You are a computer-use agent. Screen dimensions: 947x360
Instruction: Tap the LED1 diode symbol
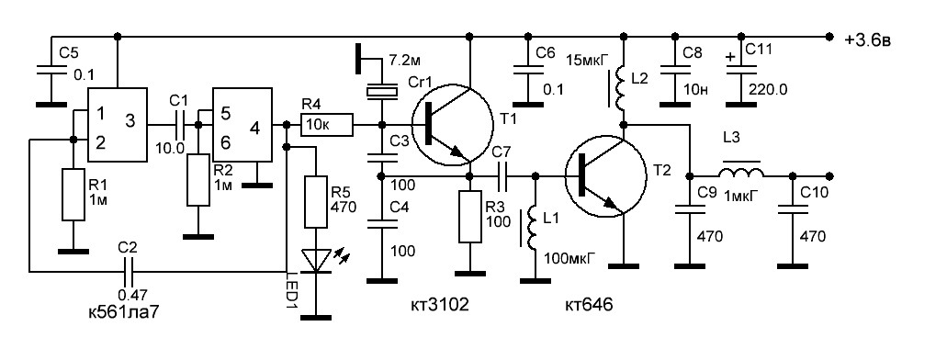tap(316, 261)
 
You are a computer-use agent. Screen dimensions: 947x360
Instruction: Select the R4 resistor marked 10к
tap(326, 126)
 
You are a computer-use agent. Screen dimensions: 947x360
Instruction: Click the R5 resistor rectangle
tap(316, 202)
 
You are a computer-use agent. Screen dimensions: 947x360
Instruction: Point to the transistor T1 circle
tap(447, 125)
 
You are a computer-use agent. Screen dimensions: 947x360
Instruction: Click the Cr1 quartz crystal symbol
tap(382, 93)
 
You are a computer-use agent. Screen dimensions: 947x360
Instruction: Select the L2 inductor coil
tap(620, 88)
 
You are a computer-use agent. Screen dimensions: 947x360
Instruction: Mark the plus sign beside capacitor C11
tap(731, 57)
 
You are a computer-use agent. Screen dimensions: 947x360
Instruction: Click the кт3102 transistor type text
tap(438, 306)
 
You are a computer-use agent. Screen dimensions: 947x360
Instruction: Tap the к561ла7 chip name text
tap(125, 313)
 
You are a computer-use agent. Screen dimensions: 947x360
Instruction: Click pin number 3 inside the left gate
tap(130, 121)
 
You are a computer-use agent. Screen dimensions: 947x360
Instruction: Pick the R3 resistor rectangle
tap(471, 216)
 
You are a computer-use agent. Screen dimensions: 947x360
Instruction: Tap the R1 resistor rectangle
tap(73, 195)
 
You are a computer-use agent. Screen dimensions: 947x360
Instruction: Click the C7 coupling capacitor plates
tap(503, 175)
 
